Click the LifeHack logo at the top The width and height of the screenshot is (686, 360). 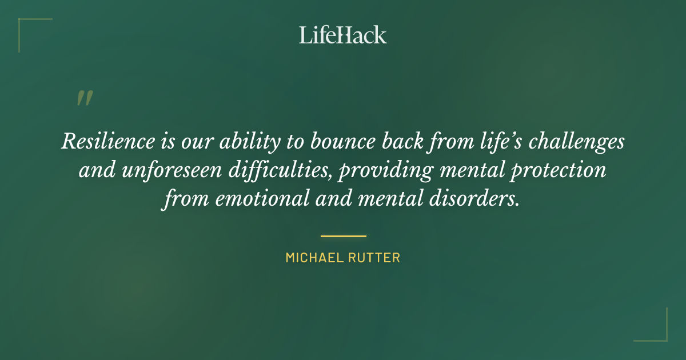tap(343, 35)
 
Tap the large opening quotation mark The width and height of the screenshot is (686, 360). tap(84, 99)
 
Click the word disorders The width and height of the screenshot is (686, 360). tap(471, 201)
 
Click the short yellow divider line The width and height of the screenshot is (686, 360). tap(343, 235)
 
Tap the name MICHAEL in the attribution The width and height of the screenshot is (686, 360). tap(313, 258)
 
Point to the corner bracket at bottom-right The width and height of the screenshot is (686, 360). tap(660, 334)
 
